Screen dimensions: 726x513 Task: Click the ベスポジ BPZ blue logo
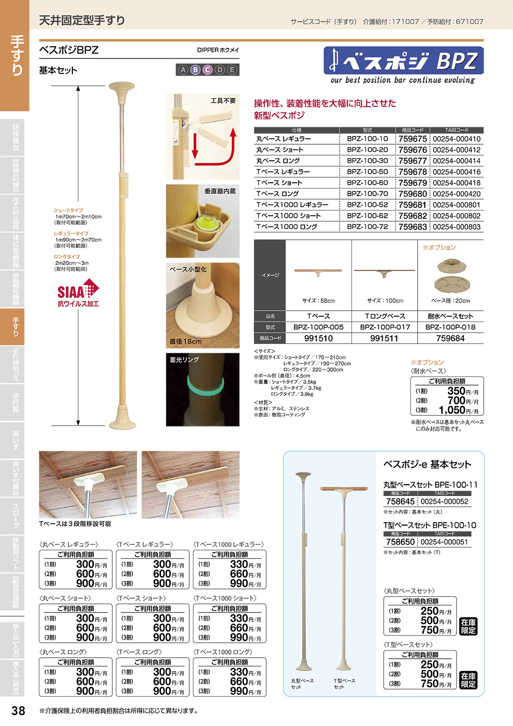pos(403,61)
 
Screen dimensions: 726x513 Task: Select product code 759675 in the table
pos(412,139)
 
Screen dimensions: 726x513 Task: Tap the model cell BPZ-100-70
pos(367,194)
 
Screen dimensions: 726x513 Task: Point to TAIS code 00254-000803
pos(457,226)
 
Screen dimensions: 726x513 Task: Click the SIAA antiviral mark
pos(78,293)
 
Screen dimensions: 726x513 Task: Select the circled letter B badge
pos(195,70)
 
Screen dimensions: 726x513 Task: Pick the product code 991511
pos(384,338)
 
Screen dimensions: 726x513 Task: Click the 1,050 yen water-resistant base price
pos(452,410)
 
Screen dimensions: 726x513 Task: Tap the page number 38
pos(18,711)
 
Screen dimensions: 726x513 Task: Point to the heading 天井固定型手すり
pos(82,21)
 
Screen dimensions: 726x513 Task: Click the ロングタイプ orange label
pos(67,257)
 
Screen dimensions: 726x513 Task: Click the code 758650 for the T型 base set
pos(400,542)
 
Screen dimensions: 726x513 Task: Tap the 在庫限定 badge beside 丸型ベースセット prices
pos(468,626)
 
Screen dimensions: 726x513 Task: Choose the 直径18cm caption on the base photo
pos(186,341)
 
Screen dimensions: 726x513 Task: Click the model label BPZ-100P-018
pos(450,327)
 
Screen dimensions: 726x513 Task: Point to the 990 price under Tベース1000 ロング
pos(239,691)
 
